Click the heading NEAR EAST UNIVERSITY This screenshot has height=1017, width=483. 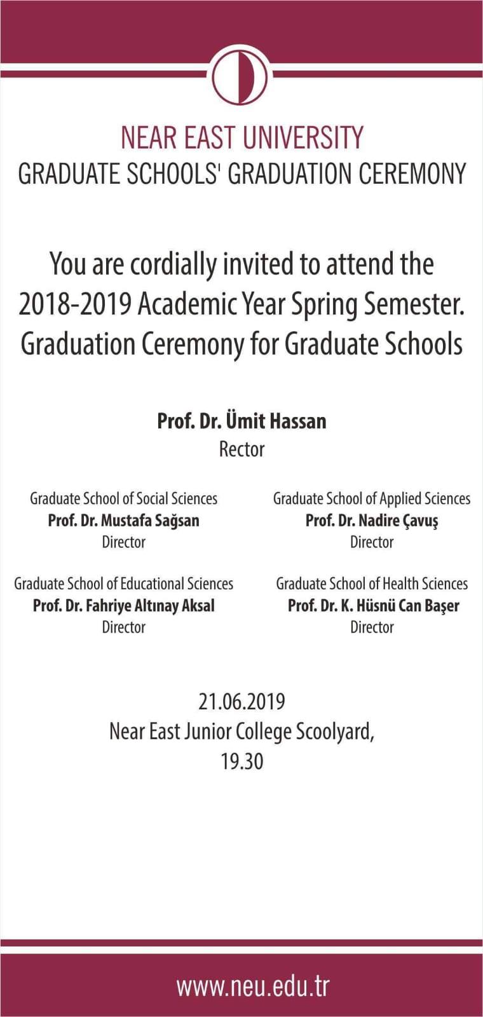coord(241,138)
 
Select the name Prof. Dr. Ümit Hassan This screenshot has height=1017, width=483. coord(241,421)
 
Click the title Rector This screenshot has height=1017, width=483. coord(241,449)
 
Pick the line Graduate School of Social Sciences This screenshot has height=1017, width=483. coord(123,498)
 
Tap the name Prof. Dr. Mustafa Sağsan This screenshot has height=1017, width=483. coord(123,521)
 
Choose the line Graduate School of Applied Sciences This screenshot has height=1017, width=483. coord(372,498)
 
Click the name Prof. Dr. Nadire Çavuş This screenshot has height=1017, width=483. coord(372,521)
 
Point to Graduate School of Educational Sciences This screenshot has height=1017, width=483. coord(123,584)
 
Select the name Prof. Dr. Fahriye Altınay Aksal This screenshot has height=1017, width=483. coord(123,605)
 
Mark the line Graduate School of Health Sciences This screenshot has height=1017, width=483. coord(372,584)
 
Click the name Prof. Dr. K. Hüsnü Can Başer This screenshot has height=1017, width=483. coord(373,605)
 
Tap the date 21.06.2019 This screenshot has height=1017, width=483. coord(241,702)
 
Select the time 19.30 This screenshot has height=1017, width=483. coord(241,761)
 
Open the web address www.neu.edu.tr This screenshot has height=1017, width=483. coord(253,986)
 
